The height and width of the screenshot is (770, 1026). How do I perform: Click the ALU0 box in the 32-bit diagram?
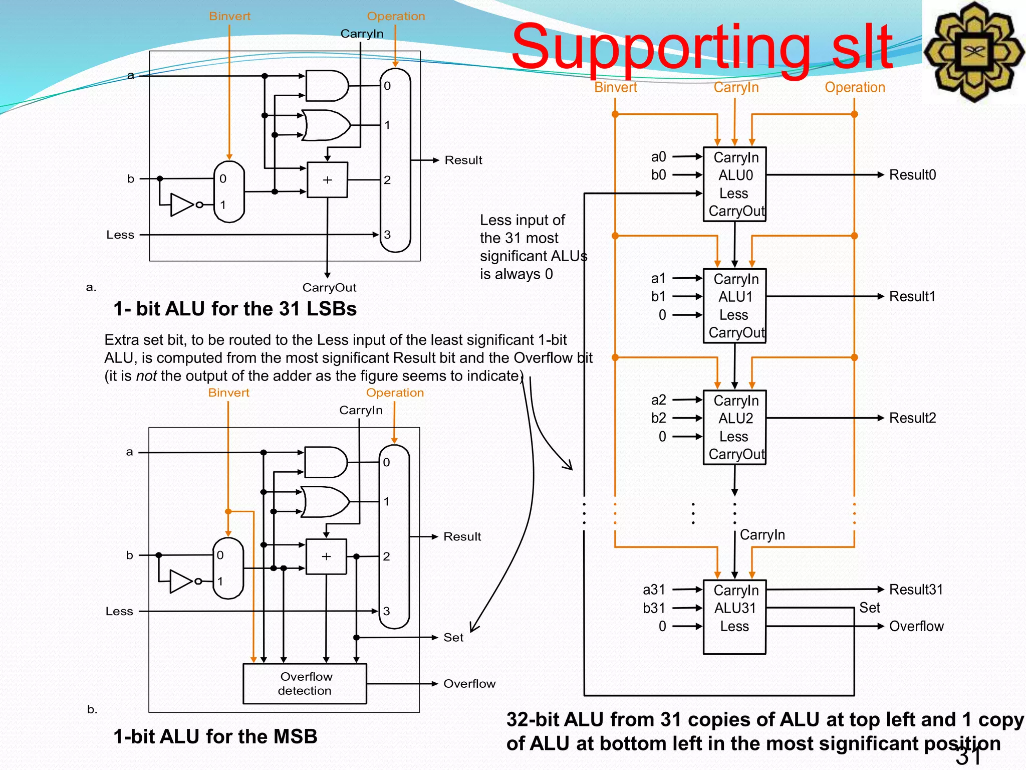pos(734,184)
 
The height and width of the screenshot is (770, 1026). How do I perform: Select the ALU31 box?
pos(734,617)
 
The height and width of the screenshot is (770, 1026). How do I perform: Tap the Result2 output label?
pos(912,418)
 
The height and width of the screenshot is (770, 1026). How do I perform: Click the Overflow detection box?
pos(305,683)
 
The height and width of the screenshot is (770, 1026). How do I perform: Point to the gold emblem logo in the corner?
pos(973,52)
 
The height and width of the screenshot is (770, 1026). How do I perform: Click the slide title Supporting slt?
pos(701,48)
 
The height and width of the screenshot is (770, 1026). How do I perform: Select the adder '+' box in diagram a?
pos(327,179)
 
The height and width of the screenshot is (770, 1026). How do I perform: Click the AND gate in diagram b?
pos(325,462)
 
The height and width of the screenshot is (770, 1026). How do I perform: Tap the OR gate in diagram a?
pos(326,125)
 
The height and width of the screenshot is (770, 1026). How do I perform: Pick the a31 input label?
pos(654,590)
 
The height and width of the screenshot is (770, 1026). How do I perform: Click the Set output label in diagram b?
pos(453,637)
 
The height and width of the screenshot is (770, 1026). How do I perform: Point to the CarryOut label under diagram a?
pos(329,287)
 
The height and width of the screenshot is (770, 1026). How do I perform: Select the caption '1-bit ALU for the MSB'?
pos(215,736)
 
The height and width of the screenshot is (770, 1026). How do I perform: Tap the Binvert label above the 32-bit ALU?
pos(615,87)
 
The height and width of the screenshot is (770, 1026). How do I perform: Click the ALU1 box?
pos(734,306)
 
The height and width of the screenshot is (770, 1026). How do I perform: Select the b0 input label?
pos(658,175)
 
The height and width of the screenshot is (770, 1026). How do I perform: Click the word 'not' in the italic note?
pos(146,375)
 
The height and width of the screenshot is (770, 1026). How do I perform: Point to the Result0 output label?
pos(912,175)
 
